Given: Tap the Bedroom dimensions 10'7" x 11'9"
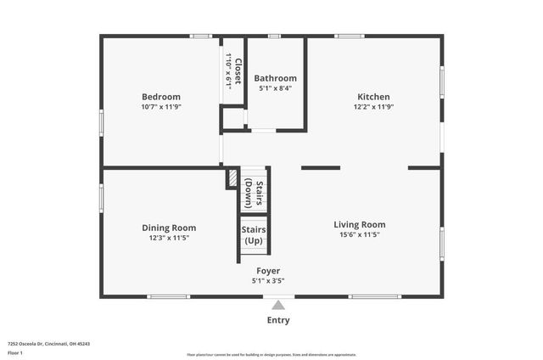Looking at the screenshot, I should (161, 107).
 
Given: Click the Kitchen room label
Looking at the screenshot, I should (374, 96).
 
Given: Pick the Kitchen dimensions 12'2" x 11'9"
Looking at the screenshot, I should (374, 107).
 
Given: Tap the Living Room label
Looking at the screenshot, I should (360, 224).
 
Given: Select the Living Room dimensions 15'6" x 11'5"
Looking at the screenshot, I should (360, 235).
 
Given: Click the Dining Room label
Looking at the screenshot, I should (169, 228).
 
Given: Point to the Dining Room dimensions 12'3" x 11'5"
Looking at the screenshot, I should (169, 239).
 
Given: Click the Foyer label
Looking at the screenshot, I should (268, 271).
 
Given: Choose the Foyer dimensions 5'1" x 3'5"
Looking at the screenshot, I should (268, 281).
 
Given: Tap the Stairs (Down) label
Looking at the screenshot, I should (255, 193).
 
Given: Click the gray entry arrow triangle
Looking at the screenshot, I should (278, 305).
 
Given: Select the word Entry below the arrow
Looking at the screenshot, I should (278, 320).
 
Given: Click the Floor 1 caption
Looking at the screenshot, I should (15, 352).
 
